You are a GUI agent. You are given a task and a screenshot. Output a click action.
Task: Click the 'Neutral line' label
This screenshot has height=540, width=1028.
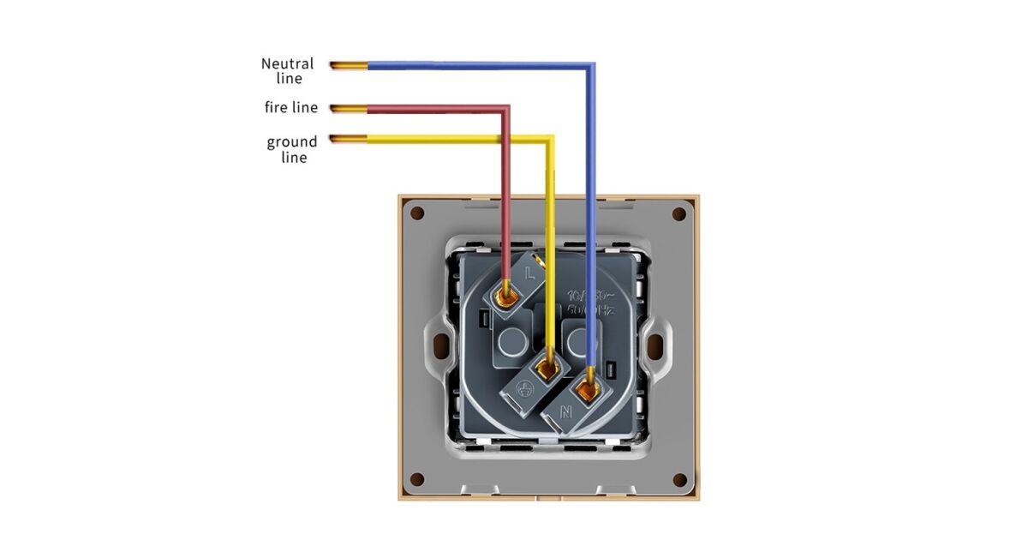(288, 70)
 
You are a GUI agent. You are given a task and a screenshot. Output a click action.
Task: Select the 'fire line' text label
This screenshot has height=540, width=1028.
(290, 108)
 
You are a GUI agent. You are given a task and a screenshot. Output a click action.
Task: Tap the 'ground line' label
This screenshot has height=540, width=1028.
(292, 149)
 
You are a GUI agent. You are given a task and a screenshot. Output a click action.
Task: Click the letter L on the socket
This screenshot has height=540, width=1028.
(529, 274)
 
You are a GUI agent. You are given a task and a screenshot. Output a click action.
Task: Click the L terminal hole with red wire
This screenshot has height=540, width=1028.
(506, 294)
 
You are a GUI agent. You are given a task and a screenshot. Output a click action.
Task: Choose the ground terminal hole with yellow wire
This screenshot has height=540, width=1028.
(547, 371)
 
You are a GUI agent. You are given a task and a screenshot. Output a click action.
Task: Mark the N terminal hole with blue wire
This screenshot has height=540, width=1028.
(588, 392)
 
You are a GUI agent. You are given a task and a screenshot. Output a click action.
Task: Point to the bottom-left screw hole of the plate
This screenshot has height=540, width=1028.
(417, 479)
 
